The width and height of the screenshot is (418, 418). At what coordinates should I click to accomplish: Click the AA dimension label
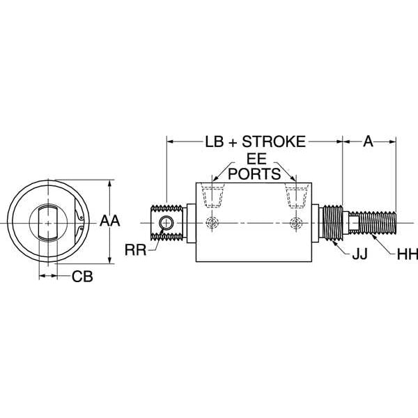coord(111,221)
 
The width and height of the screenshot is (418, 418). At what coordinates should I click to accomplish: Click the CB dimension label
coord(82,277)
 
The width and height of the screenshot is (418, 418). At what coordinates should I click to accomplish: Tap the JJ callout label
coord(359,256)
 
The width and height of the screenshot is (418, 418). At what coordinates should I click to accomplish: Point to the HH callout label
coord(406,256)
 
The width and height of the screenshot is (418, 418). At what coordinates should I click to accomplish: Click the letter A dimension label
coord(369,141)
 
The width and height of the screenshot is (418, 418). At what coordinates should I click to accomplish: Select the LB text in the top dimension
coord(215,141)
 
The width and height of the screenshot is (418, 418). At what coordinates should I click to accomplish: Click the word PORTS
coord(254,172)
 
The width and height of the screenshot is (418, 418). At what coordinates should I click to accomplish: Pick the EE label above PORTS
coord(254,158)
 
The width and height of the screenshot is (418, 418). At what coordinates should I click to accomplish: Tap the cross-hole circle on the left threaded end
coord(167,222)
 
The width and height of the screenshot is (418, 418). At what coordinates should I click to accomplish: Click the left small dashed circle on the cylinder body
coord(212,222)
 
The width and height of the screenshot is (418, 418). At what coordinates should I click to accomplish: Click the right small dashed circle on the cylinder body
coord(296,222)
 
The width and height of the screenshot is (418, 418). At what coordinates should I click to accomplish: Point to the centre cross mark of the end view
coord(47,222)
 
